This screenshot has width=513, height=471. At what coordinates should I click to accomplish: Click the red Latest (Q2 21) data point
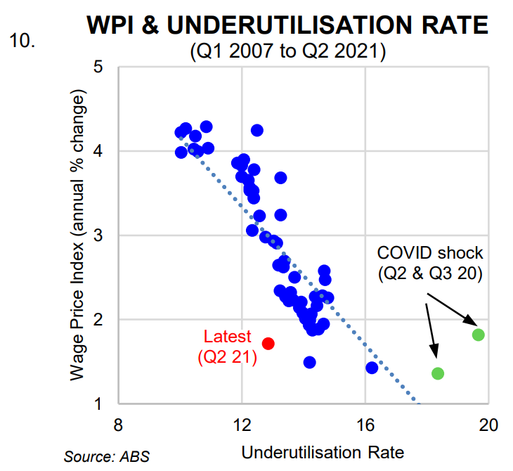point(268,343)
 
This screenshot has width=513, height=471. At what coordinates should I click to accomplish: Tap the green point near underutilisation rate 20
point(478,335)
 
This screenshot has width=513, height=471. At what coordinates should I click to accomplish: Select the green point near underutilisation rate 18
point(437,373)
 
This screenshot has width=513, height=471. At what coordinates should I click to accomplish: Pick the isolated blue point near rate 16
point(372,368)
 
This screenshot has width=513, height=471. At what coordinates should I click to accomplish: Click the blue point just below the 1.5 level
point(309,362)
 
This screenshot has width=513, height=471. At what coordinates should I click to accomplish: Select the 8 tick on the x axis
point(119,425)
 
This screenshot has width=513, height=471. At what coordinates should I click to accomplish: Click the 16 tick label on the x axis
point(365,425)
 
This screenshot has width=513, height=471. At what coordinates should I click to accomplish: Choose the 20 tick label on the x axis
point(488,425)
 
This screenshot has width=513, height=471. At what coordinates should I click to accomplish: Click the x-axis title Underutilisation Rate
point(323,451)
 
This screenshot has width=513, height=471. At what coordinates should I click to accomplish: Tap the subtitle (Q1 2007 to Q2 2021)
point(287,52)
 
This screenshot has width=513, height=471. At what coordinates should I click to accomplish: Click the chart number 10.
point(21,39)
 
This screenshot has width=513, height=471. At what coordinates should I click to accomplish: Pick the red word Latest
point(226,337)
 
